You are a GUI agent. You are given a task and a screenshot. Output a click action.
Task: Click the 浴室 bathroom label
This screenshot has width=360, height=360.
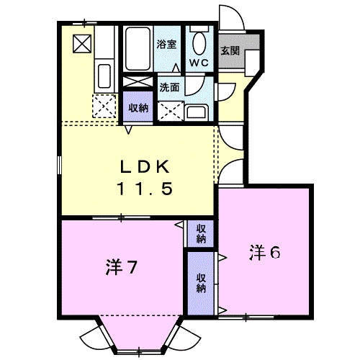(x=166, y=45)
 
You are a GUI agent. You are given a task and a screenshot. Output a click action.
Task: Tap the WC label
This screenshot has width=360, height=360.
(x=199, y=63)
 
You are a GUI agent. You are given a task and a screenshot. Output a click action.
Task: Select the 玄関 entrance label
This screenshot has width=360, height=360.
(x=230, y=50)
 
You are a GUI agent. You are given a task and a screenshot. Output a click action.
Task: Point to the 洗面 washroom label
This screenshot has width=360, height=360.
(x=169, y=88)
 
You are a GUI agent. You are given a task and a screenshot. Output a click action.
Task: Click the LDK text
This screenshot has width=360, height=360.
(x=145, y=167)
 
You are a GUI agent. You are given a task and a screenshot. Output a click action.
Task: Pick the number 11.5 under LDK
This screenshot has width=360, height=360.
(x=145, y=188)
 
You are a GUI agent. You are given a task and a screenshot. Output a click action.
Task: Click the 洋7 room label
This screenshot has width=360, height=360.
(x=121, y=267)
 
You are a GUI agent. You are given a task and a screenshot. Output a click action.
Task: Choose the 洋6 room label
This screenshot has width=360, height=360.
(x=264, y=253)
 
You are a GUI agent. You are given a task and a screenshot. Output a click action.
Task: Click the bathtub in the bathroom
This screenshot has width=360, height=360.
(x=138, y=49)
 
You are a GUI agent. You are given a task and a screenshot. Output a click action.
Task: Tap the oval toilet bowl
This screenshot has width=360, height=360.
(x=199, y=43)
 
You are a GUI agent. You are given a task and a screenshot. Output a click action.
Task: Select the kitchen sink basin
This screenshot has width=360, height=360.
(x=104, y=76)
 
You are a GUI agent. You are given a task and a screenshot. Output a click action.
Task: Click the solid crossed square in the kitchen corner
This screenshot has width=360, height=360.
(x=82, y=44)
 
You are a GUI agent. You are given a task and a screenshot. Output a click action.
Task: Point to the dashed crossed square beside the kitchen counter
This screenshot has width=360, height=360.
(x=104, y=106)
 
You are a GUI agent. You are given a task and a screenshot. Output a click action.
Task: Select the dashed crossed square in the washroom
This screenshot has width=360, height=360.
(x=171, y=111)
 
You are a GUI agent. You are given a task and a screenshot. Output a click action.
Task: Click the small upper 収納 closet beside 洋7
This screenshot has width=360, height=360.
(x=201, y=234)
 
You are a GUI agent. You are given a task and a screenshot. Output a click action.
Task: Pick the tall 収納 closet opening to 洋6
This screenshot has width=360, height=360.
(x=201, y=283)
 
